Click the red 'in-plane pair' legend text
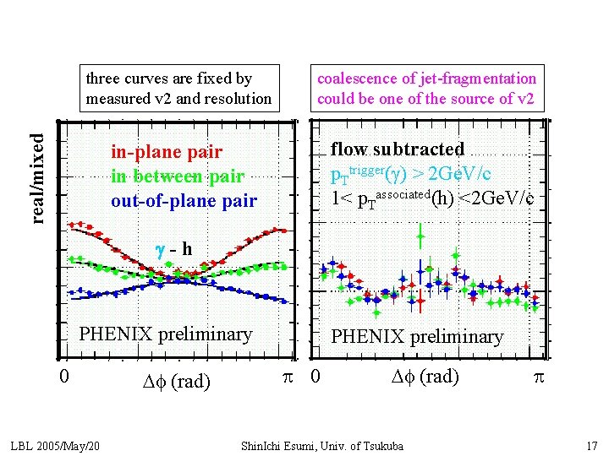point(167,152)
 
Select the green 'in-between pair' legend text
point(177,176)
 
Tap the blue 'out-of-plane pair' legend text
point(184,201)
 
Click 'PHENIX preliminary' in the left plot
point(165,334)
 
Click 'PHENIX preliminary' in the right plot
point(416,337)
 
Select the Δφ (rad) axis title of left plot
point(177,381)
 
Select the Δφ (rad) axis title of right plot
point(426,377)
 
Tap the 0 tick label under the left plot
point(63,375)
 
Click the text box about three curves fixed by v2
point(178,89)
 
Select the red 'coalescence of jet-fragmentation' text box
point(426,89)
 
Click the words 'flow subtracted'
point(398,149)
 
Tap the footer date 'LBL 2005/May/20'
point(55,445)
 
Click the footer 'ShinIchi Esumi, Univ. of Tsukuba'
point(322,445)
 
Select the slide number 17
point(591,445)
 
